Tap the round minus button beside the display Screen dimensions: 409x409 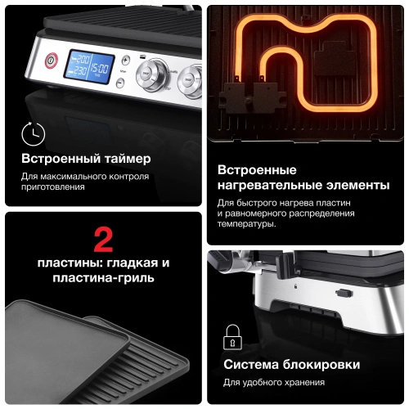119,82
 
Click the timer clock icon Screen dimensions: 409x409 33,133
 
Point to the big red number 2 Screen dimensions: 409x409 103,239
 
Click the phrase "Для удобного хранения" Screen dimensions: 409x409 273,383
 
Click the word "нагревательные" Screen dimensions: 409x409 268,185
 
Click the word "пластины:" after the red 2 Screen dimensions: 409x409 66,263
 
